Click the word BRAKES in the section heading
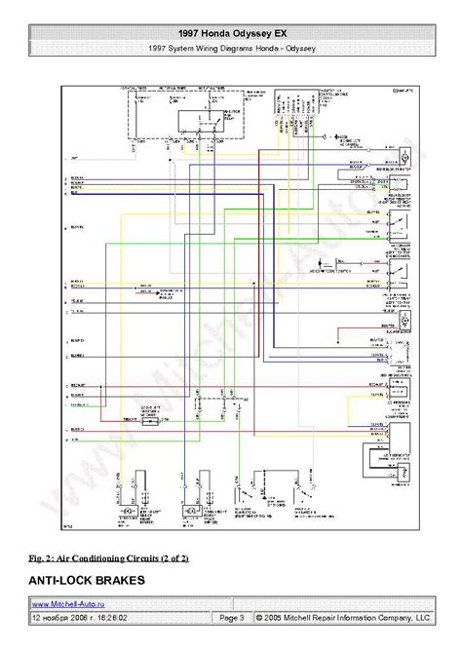tap(145, 581)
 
